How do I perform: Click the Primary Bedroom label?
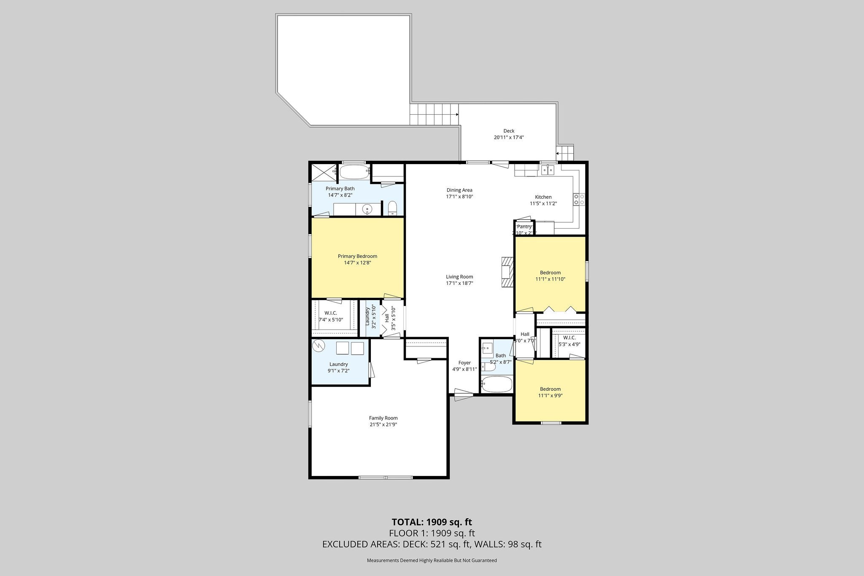[357, 256]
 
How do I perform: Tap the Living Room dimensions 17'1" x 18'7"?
[459, 284]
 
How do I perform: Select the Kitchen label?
[543, 197]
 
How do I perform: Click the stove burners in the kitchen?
[579, 199]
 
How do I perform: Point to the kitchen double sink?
[548, 170]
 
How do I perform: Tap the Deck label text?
[509, 131]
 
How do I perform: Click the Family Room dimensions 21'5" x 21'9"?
[383, 425]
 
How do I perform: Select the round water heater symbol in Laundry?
[319, 346]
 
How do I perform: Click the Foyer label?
[464, 362]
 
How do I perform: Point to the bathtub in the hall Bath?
[497, 385]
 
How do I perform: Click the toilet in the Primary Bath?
[392, 208]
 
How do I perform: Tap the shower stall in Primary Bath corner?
[324, 172]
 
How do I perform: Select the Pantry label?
[524, 227]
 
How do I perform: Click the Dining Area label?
[459, 190]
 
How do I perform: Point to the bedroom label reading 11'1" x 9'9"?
[550, 396]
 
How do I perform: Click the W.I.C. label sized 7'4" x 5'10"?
[330, 313]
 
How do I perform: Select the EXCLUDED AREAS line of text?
[432, 544]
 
